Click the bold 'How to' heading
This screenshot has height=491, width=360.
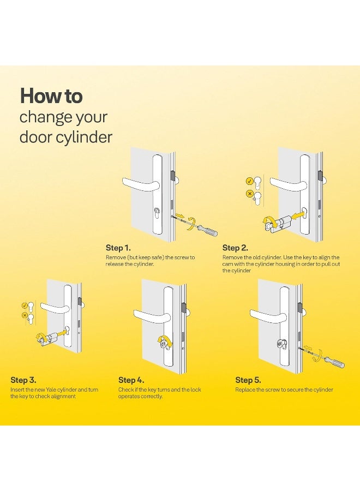pyautogui.click(x=51, y=97)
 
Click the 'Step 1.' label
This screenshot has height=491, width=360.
pyautogui.click(x=118, y=248)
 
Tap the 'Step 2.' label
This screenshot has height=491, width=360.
pyautogui.click(x=235, y=248)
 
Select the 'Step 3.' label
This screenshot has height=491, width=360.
pyautogui.click(x=23, y=380)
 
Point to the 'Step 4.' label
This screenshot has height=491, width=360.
pyautogui.click(x=131, y=380)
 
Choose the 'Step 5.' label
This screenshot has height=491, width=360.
pyautogui.click(x=248, y=380)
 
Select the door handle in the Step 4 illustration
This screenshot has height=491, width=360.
pyautogui.click(x=152, y=315)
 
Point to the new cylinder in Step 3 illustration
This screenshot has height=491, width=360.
pyautogui.click(x=49, y=338)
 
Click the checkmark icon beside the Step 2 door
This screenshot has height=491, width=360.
pyautogui.click(x=250, y=181)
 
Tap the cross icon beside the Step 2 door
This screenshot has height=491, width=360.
pyautogui.click(x=250, y=194)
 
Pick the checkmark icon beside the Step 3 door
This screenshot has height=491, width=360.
pyautogui.click(x=24, y=305)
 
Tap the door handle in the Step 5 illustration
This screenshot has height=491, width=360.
pyautogui.click(x=267, y=314)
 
